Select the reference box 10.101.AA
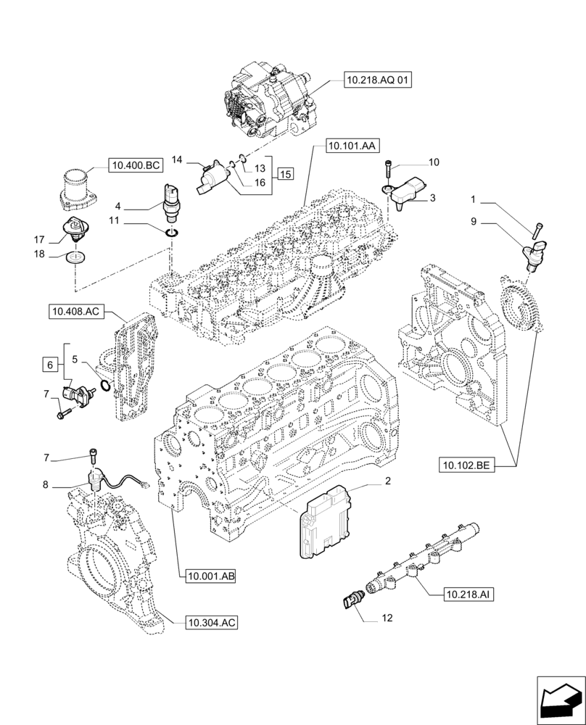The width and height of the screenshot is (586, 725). point(351,146)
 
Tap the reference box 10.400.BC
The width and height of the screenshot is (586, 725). point(135,166)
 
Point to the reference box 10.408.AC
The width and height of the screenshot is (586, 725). point(76,312)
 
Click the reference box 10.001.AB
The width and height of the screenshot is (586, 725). point(211,576)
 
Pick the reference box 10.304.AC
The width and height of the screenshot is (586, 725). point(212,622)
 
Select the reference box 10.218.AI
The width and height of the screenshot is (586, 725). point(470,594)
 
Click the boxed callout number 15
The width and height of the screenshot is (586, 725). point(285,173)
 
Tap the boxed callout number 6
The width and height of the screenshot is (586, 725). point(49,365)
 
